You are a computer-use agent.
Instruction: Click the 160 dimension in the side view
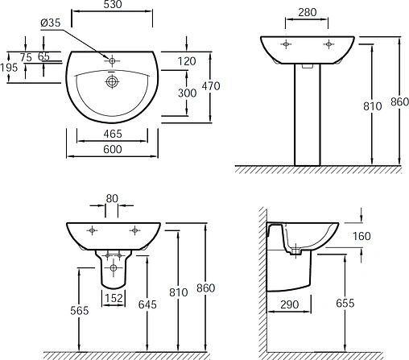click(x=363, y=236)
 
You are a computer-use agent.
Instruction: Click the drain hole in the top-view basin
click(x=112, y=81)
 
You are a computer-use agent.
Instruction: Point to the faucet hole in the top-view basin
click(x=112, y=59)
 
